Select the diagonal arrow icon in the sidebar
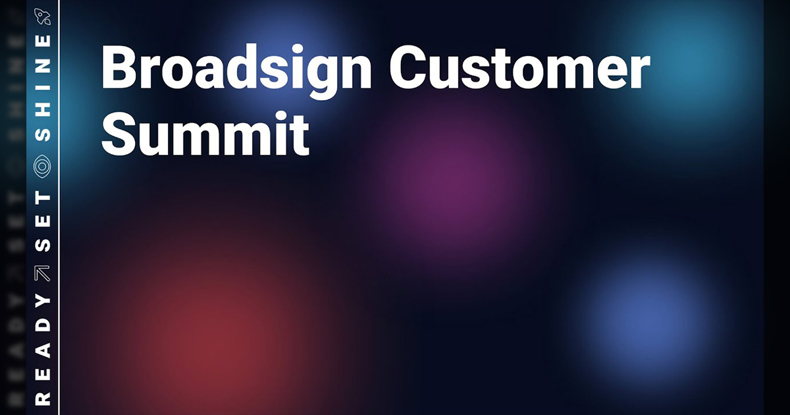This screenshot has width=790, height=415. [x=43, y=273]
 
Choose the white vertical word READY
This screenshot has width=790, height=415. [x=43, y=348]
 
